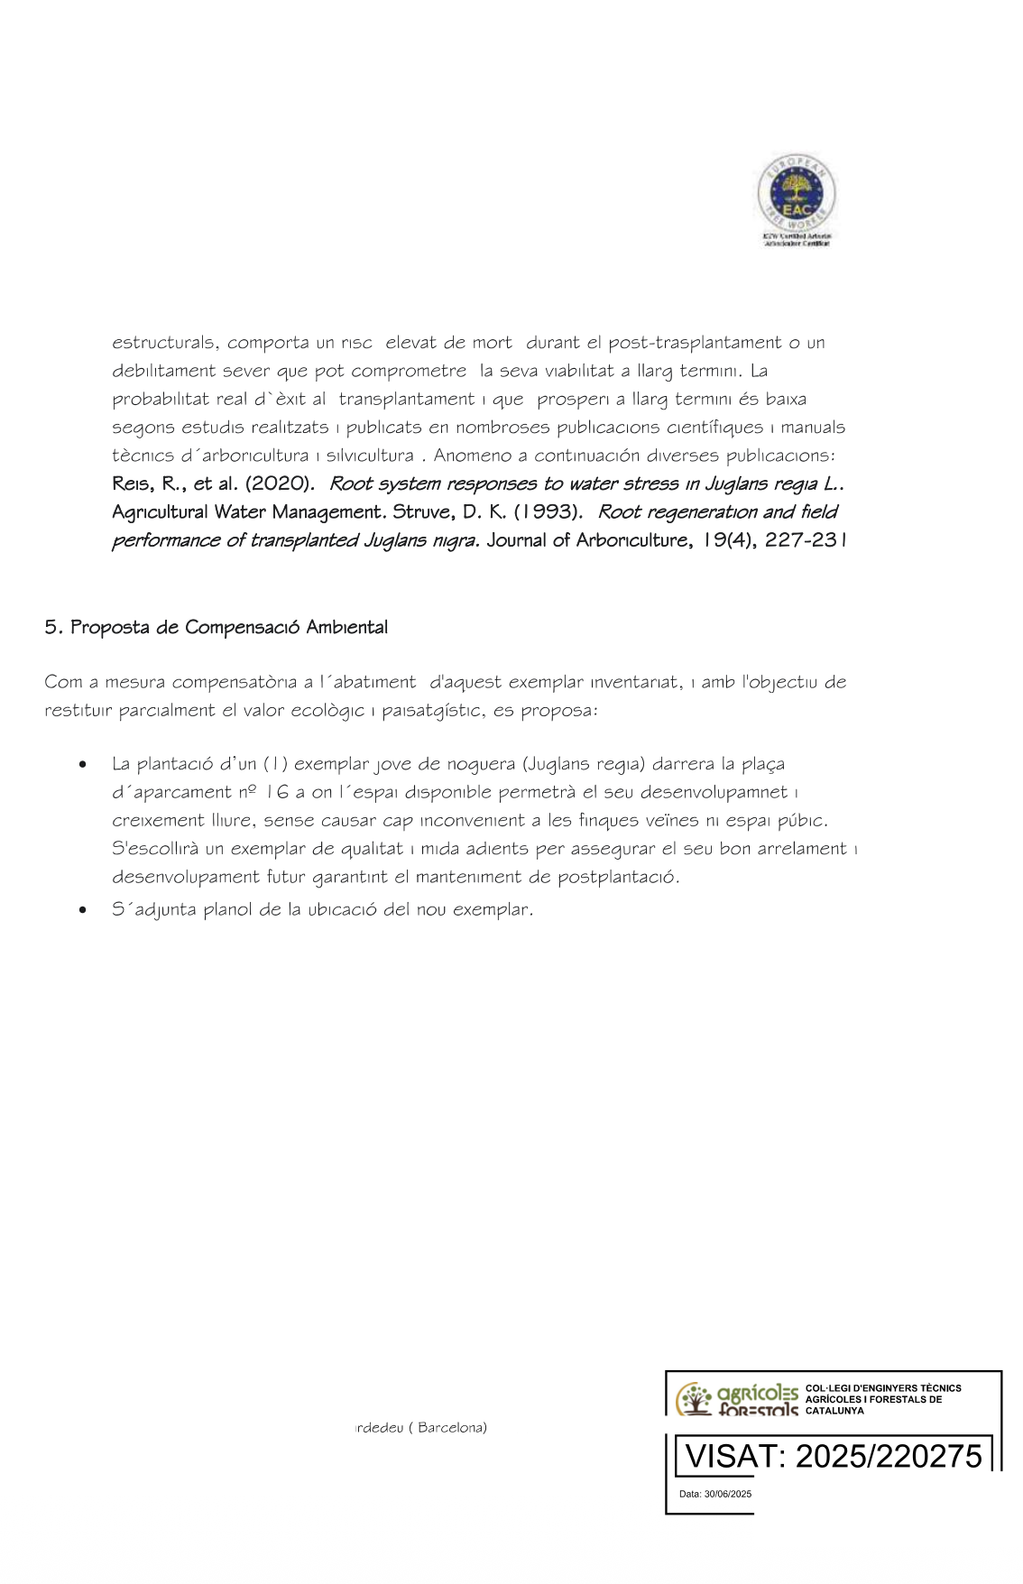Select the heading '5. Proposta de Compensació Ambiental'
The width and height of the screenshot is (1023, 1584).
point(217,627)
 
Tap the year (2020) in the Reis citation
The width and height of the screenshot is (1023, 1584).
point(280,483)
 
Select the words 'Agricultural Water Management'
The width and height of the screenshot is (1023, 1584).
point(249,512)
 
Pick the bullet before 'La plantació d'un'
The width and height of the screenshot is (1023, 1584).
point(83,765)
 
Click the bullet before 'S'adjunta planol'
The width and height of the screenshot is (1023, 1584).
point(83,910)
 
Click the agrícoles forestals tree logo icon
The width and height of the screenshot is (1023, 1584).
point(695,1399)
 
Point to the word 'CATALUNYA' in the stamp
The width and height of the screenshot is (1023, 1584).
point(834,1411)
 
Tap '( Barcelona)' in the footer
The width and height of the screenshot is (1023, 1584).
point(452,1427)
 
